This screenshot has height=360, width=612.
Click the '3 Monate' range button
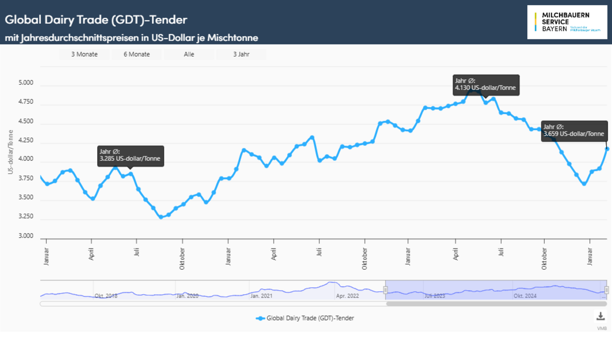click(84, 54)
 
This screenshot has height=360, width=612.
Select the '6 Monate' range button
click(137, 54)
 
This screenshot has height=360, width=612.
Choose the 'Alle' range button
click(189, 54)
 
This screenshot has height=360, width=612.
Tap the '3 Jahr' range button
click(241, 54)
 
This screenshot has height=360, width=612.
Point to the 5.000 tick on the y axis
click(26, 82)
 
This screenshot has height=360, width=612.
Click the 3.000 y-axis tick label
click(26, 236)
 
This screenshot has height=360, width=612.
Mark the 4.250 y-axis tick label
click(26, 140)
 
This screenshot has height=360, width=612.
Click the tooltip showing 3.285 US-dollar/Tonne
click(130, 156)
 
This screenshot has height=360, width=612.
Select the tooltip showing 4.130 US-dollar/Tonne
click(486, 84)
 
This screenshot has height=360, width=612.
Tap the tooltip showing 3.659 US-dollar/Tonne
click(574, 131)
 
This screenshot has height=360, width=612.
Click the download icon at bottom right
click(601, 316)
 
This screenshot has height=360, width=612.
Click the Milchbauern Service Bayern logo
click(567, 22)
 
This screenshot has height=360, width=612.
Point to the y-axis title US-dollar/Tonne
click(11, 152)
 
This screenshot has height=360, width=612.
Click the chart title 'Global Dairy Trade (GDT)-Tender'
click(96, 20)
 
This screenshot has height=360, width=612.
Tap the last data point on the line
click(607, 149)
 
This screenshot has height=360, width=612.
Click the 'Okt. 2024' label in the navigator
click(525, 296)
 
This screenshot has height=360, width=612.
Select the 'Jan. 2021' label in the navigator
click(261, 296)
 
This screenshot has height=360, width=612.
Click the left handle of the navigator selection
click(385, 290)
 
